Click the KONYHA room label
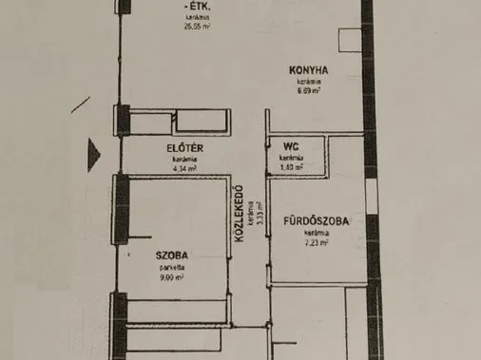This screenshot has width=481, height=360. click(311, 69)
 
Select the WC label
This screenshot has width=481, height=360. click(291, 146)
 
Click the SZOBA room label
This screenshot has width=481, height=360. click(172, 255)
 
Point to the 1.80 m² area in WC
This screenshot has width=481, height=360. click(293, 167)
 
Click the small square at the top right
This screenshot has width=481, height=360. click(350, 38)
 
